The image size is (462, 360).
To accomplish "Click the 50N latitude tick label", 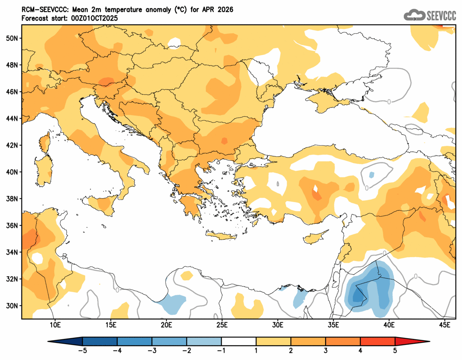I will pyautogui.click(x=12, y=38).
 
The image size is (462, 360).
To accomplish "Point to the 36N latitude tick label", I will pyautogui.click(x=12, y=225).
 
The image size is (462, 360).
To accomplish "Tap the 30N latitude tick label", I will pyautogui.click(x=12, y=306).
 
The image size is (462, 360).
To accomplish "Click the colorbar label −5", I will pyautogui.click(x=82, y=351).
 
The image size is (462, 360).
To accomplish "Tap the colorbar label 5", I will pyautogui.click(x=395, y=351).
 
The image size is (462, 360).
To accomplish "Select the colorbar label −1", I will pyautogui.click(x=221, y=351).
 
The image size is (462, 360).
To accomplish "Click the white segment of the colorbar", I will pyautogui.click(x=239, y=341).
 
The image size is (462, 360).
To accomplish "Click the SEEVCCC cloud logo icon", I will pyautogui.click(x=414, y=15).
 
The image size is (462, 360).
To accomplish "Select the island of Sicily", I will pyautogui.click(x=104, y=203).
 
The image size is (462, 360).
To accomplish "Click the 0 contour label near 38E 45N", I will pyautogui.click(x=389, y=102).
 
